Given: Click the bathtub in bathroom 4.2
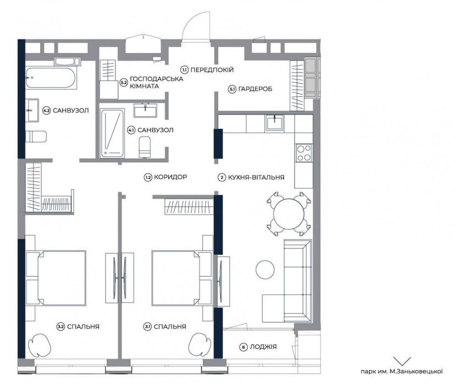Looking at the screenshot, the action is pos(51,78).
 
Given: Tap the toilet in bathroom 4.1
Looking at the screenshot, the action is pos(145,147).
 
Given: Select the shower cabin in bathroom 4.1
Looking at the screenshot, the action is pos(112,133).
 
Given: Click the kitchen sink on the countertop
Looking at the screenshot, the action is pos(274,123).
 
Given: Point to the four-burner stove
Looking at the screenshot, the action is pos(304,153).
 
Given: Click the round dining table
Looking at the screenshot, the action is pos(288,214).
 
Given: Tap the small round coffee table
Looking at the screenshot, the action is pos(265,269).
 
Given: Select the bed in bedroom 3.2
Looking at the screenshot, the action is pos(56,278).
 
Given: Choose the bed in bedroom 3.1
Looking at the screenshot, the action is pos(182,278).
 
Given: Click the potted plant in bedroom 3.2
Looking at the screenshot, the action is pos(39,345).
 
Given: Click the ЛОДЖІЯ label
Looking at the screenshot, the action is pos(263,346).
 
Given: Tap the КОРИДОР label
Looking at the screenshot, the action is pos(170,177).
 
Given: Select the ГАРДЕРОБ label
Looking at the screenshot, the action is pos(256,89).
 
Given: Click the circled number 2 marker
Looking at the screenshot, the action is pos(221,178).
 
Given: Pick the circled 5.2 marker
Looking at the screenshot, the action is pos(124,82).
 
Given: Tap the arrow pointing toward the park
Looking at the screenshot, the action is pos(402,361).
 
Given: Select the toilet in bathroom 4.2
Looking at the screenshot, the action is pos(36,136).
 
